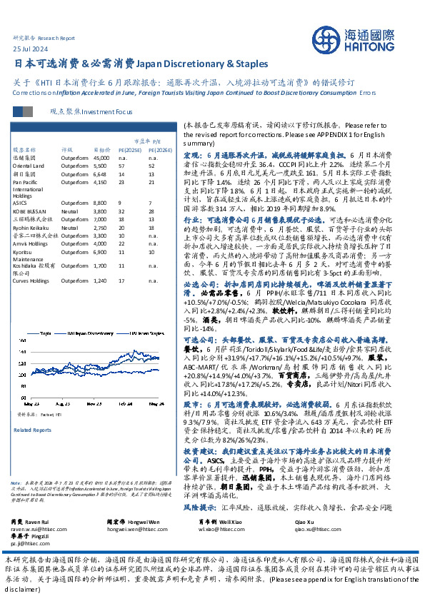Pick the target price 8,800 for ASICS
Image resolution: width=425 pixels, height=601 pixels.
[x=101, y=203]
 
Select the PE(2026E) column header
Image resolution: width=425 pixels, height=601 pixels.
[x=160, y=151]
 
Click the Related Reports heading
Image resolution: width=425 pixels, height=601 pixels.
[x=32, y=430]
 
